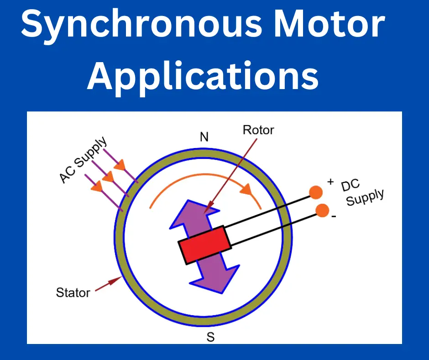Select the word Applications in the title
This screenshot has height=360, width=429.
203,76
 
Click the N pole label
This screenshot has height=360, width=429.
204,137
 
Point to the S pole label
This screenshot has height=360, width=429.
210,338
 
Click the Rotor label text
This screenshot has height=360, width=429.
258,130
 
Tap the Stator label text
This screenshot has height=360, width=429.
73,292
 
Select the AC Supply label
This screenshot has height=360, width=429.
84,159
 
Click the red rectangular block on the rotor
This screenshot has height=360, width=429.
204,245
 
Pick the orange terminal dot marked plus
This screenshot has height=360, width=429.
315,192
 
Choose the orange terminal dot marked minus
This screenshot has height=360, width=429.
322,211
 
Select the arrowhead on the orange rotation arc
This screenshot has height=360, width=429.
249,189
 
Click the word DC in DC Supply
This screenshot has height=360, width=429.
351,185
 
